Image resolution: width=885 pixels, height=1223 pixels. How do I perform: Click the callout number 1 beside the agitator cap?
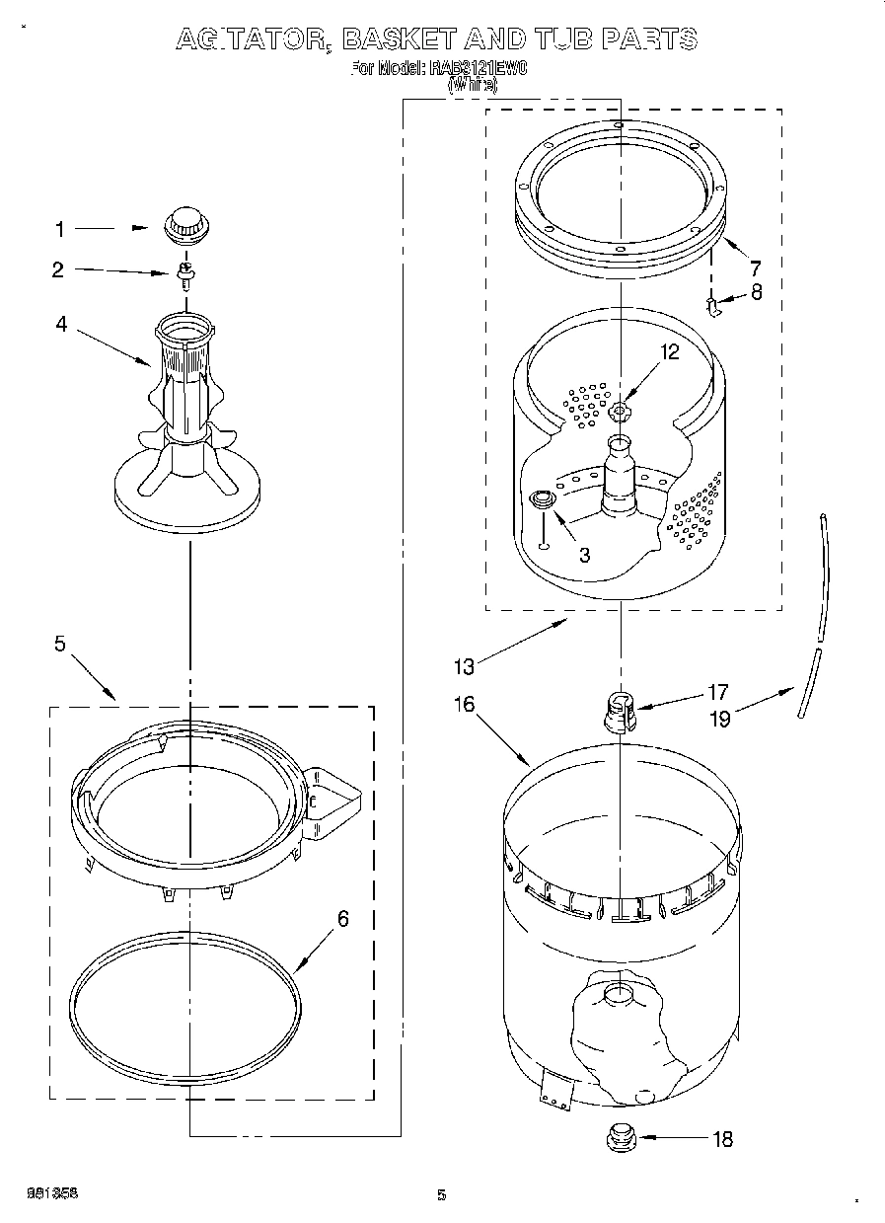point(59,230)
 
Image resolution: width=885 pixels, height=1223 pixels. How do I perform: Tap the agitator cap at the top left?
point(183,223)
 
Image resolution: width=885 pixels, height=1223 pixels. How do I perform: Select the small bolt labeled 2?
point(184,274)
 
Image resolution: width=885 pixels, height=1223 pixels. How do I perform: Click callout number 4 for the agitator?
point(61,323)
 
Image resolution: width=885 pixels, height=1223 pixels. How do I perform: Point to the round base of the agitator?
point(186,493)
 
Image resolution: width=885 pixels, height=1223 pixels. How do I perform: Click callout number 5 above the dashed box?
point(60,644)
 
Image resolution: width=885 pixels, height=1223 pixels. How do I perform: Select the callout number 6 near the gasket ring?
point(342,919)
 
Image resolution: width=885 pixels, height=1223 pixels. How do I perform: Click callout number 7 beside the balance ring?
point(755,268)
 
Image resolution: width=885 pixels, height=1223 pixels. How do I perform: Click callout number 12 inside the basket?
point(670,351)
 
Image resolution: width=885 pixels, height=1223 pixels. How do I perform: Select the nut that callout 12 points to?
point(620,411)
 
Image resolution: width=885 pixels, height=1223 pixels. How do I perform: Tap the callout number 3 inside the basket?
point(585,555)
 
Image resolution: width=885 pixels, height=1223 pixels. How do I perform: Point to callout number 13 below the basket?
point(463,666)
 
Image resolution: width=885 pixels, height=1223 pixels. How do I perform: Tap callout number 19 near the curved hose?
point(720,719)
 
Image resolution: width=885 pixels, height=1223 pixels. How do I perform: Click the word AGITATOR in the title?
point(252,38)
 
